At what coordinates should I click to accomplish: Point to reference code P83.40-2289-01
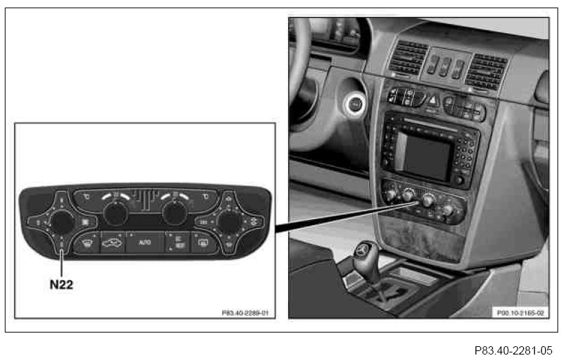pos(244,313)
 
